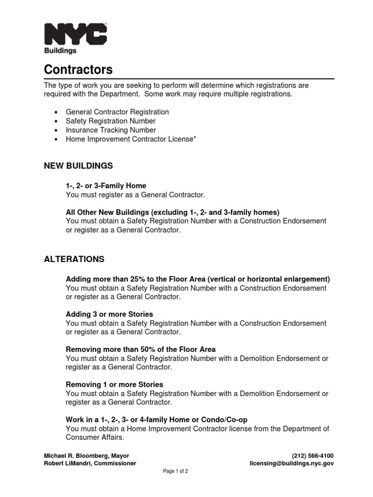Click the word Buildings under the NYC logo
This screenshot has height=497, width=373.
60,50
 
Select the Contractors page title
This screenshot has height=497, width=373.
78,69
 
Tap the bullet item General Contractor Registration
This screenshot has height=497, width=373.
117,112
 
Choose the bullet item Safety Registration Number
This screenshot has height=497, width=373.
111,121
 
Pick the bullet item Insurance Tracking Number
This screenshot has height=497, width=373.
111,130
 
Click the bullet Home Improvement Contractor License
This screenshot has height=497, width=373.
131,139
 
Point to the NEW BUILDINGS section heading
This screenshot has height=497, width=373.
78,166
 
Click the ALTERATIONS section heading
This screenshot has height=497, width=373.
74,259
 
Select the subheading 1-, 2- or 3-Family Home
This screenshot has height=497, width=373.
106,186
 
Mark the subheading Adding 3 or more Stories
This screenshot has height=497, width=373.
109,315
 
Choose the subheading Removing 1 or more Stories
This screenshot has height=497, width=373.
114,384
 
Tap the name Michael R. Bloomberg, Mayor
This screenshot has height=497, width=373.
86,456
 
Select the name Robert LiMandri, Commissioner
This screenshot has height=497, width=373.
90,464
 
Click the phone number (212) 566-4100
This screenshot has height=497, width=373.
312,456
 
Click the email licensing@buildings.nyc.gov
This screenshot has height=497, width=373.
291,464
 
